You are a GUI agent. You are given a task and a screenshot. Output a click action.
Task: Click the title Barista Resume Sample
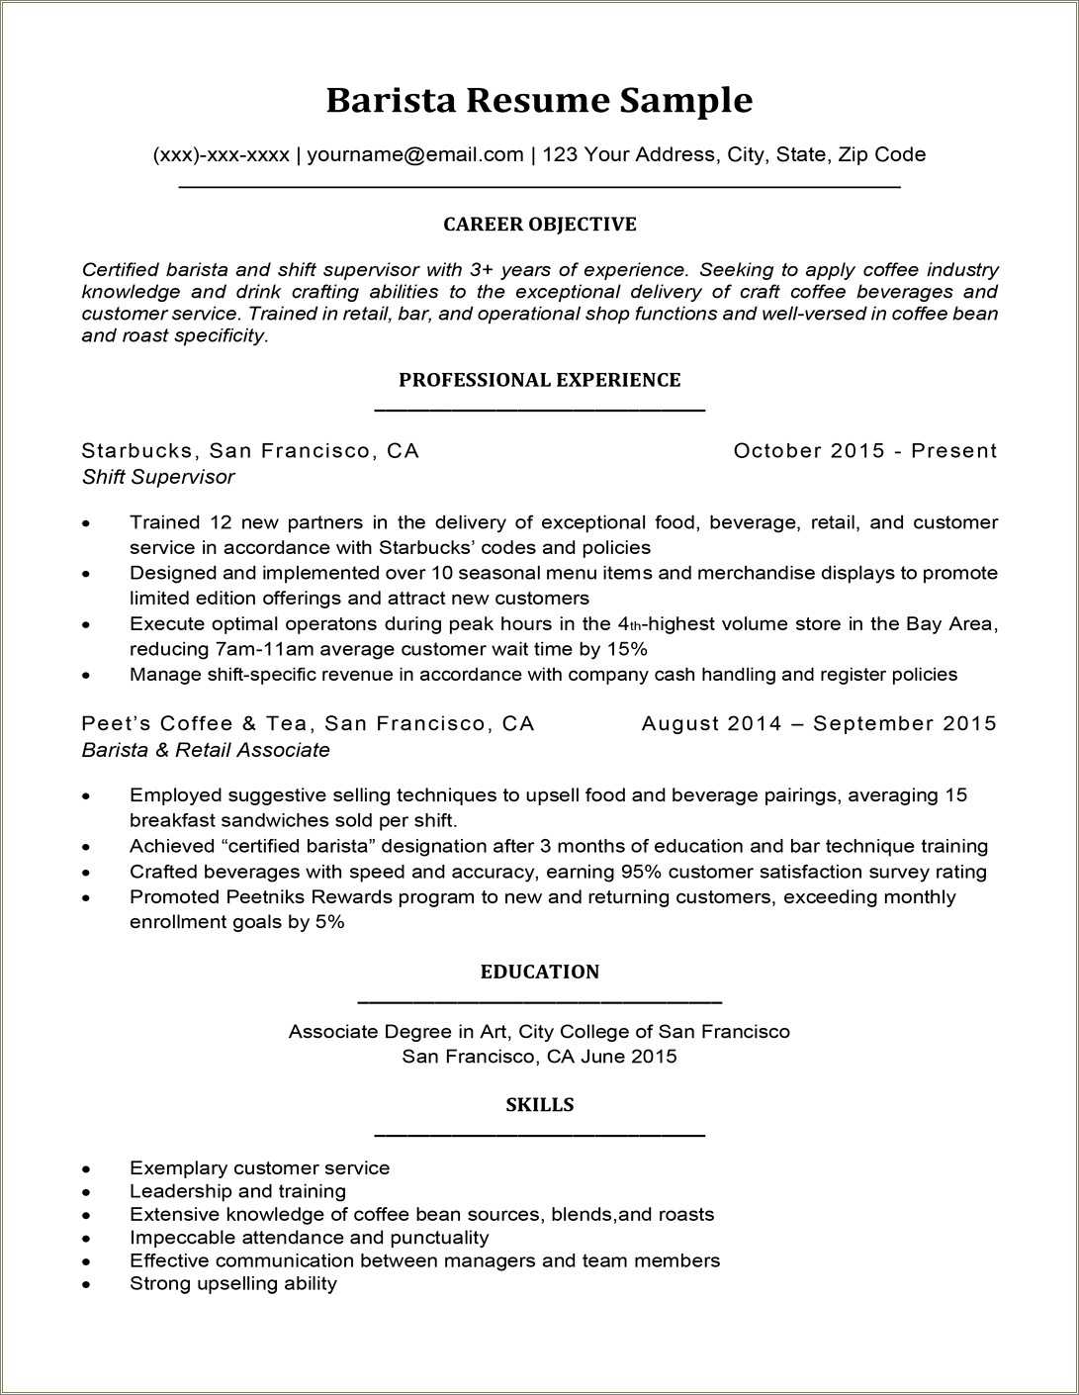point(539,100)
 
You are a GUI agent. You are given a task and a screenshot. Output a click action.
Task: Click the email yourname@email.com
point(414,154)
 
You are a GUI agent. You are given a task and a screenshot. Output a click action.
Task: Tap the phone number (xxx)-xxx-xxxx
point(221,154)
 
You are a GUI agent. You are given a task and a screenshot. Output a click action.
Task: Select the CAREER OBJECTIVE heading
point(539,225)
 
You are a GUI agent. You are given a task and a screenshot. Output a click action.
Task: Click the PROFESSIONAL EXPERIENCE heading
point(539,380)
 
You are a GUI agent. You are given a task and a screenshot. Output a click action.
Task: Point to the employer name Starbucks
point(137,451)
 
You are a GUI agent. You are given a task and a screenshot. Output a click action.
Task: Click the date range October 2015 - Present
point(864,451)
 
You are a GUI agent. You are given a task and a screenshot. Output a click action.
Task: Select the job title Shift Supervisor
point(158,477)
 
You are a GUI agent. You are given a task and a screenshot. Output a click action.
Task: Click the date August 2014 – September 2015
point(819,724)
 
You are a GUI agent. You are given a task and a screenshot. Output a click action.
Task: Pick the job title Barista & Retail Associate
point(206,750)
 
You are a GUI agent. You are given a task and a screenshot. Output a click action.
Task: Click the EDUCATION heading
point(539,972)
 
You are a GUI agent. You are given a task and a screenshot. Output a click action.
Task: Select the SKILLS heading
point(539,1105)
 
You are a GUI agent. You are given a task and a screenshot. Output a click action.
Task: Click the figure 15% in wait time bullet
point(627,649)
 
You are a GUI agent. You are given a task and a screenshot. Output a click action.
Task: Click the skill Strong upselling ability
point(233,1283)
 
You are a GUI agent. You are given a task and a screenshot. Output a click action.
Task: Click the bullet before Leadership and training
point(87,1193)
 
